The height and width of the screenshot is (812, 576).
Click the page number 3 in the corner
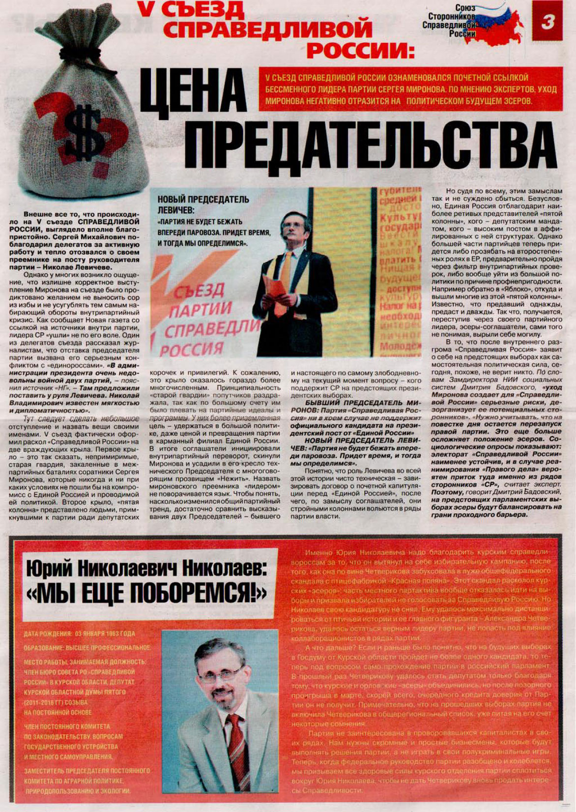(547, 22)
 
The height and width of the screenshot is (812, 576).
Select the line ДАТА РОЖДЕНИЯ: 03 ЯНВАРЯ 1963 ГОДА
(79, 634)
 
